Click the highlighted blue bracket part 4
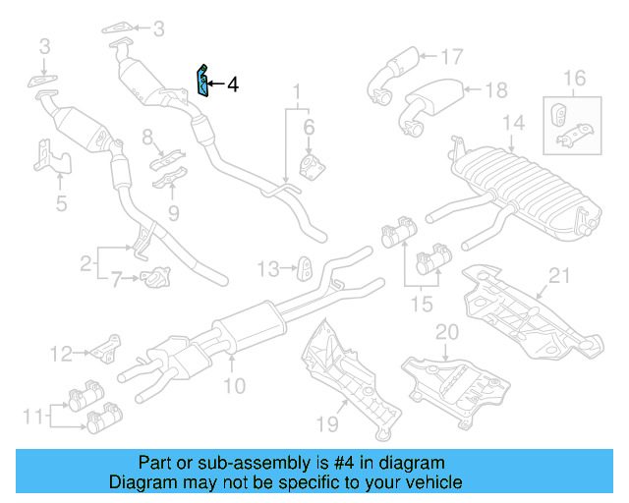tap(202, 82)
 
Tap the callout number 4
tap(233, 85)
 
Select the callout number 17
tap(450, 56)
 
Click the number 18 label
tap(496, 90)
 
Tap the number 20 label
tap(447, 331)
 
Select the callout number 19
tap(327, 423)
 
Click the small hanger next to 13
tap(304, 266)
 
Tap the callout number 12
tap(62, 353)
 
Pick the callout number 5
tap(61, 203)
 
